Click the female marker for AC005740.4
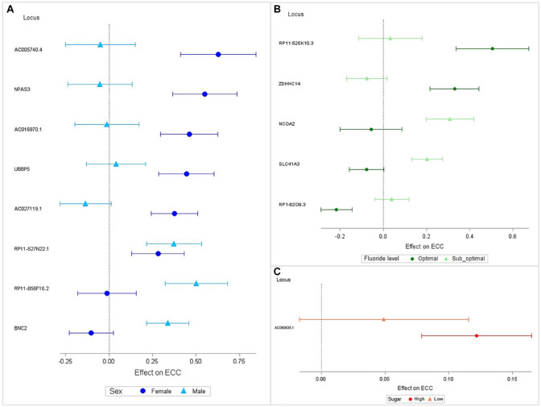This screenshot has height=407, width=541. (218, 54)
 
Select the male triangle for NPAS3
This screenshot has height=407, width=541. (100, 84)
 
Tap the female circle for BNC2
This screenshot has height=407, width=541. (91, 332)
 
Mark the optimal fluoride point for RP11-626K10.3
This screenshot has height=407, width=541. (493, 48)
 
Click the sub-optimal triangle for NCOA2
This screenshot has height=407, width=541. (450, 118)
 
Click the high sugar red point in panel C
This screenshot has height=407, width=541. (477, 335)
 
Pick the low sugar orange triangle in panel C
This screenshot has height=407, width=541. (383, 319)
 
